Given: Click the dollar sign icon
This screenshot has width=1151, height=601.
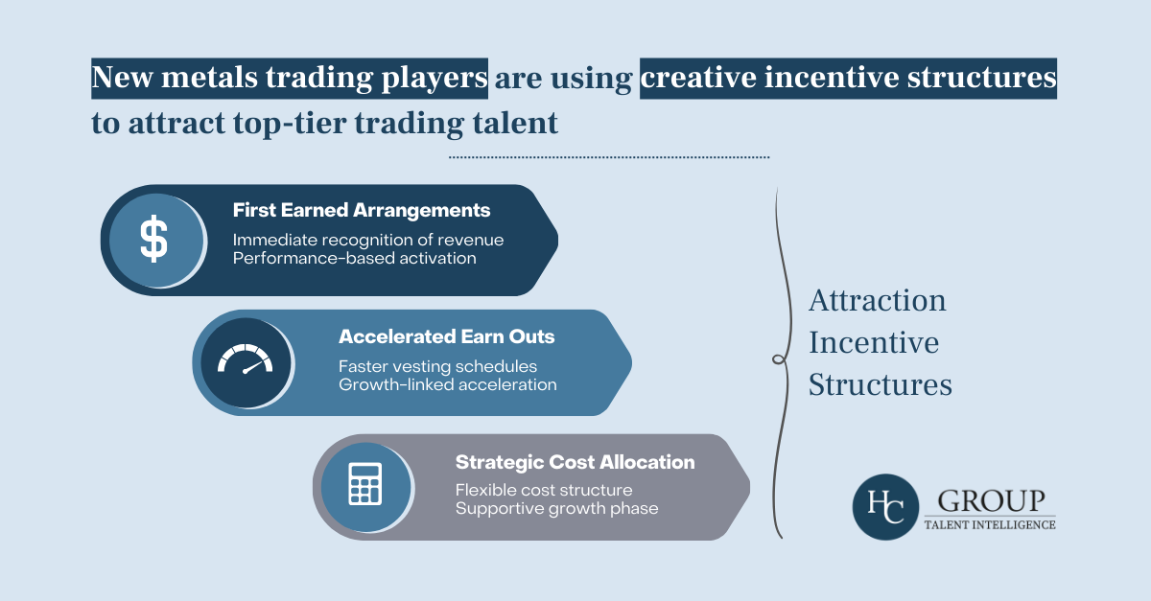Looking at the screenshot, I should pos(153,239).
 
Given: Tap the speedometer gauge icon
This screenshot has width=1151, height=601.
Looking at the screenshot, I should pos(245,361).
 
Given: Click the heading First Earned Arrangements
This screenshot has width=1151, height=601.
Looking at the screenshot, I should pos(362,210).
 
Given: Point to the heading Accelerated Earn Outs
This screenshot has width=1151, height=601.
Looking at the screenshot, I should pos(446,336).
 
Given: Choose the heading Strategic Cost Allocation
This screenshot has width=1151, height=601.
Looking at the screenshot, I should pos(575,462).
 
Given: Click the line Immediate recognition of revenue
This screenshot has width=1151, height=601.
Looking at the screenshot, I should pos(368,240).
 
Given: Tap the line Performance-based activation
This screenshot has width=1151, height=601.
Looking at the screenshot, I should pos(354,259).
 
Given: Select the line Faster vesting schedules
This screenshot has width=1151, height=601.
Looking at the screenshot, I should pos(437,366).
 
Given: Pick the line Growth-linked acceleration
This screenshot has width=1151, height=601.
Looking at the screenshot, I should pos(447,384).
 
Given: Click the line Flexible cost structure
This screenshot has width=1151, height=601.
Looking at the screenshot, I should pos(544,490).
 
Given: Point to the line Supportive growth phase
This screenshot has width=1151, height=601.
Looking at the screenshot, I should pos(556,508).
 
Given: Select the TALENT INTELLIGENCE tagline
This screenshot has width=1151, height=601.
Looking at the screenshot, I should pos(989,524).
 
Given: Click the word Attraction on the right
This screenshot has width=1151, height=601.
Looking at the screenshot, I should pos(878,301).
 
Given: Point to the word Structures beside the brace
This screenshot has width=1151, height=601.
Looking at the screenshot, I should pos(880,384).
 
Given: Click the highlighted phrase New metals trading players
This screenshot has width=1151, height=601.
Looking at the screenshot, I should pos(290,80).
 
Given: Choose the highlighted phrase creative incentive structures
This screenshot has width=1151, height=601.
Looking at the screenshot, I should pos(848,80).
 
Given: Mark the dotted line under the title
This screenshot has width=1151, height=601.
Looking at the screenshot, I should pos(609,156).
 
